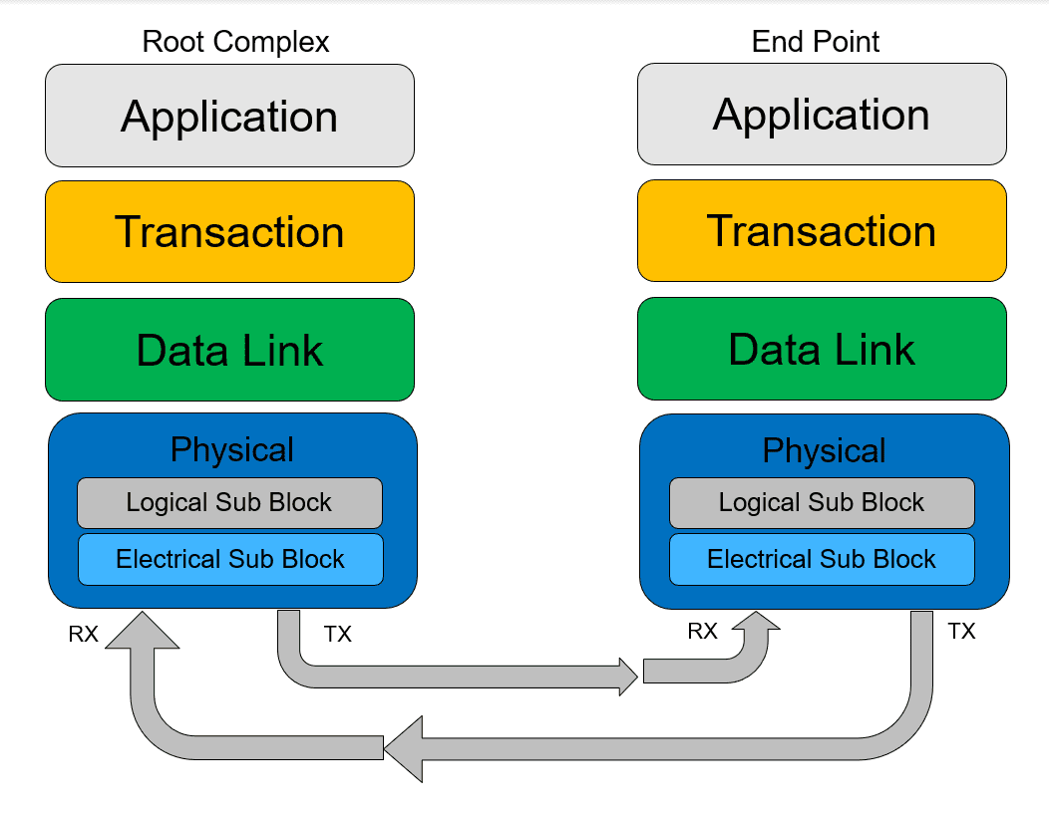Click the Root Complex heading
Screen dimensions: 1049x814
pos(235,42)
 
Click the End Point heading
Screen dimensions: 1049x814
pos(815,42)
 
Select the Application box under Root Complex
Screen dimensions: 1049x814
pos(229,116)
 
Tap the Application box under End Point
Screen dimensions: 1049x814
pos(822,115)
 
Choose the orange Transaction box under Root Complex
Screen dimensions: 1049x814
pos(229,232)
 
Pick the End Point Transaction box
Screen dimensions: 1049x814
pos(822,230)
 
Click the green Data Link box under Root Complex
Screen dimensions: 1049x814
pos(229,350)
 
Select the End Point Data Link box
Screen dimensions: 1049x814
pos(822,348)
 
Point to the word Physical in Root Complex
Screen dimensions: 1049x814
pos(232,449)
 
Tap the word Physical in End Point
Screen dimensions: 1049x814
pos(825,451)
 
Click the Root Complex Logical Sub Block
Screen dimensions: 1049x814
pos(229,502)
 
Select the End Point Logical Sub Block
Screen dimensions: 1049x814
pos(822,502)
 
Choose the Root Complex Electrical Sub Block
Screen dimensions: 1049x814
pos(230,559)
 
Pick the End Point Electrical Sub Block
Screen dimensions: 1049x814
pos(822,559)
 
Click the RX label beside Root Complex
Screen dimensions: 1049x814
pos(84,634)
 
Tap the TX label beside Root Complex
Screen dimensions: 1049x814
pos(338,634)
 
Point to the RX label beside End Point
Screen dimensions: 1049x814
pos(702,631)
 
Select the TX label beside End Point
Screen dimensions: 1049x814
pos(961,631)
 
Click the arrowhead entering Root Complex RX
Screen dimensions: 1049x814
pos(143,630)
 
